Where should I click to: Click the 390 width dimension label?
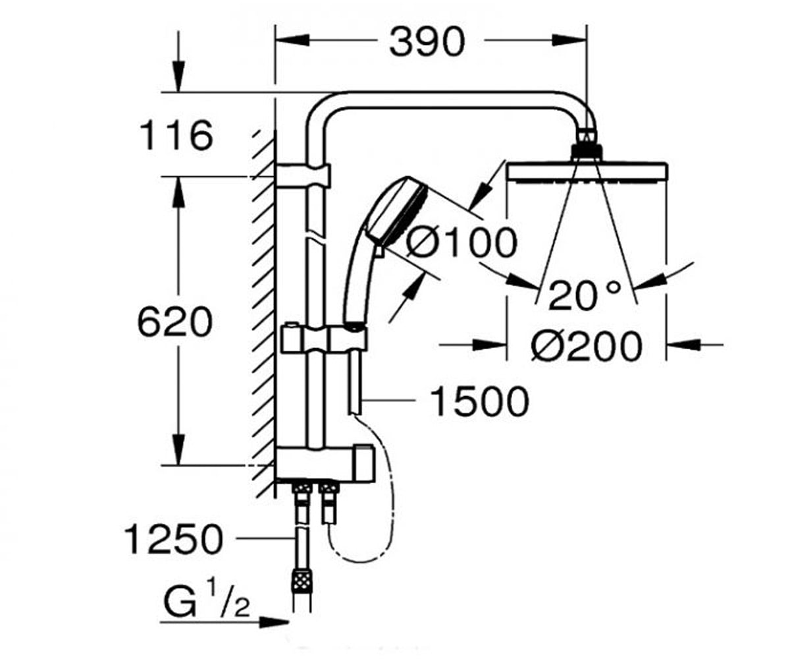pyautogui.click(x=427, y=42)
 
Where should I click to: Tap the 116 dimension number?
pyautogui.click(x=176, y=135)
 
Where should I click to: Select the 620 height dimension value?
pyautogui.click(x=175, y=322)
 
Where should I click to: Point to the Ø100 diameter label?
pyautogui.click(x=461, y=242)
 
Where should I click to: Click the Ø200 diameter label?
pyautogui.click(x=587, y=346)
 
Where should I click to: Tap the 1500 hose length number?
pyautogui.click(x=480, y=401)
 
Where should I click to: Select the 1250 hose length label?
pyautogui.click(x=173, y=539)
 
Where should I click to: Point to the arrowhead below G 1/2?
pyautogui.click(x=275, y=622)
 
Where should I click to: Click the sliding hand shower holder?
pyautogui.click(x=325, y=339)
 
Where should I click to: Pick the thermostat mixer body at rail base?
pyautogui.click(x=326, y=463)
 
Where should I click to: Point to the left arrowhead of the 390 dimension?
pyautogui.click(x=292, y=40)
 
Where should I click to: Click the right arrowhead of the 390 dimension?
pyautogui.click(x=569, y=40)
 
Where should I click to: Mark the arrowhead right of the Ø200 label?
pyautogui.click(x=683, y=345)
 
